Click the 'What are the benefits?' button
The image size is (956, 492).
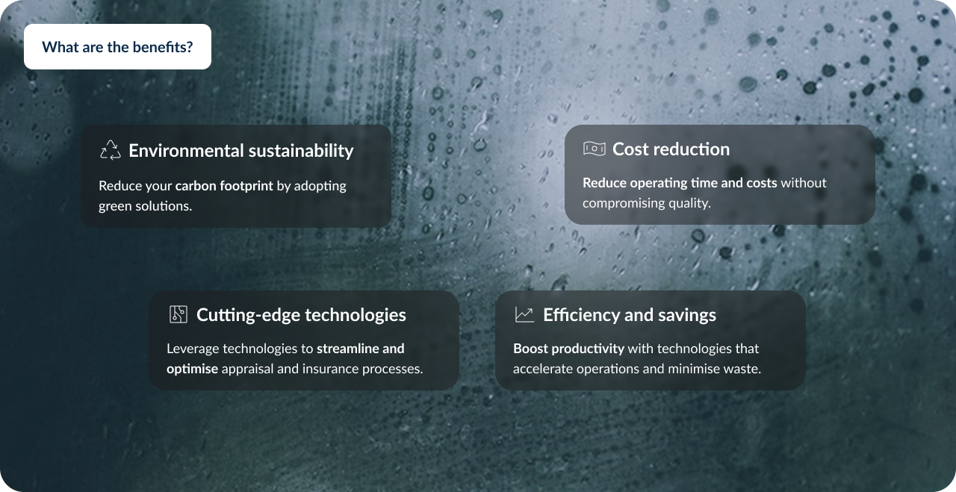[x=117, y=46]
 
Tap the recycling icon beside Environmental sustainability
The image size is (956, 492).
[x=110, y=150]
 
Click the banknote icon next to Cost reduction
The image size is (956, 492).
[x=594, y=149]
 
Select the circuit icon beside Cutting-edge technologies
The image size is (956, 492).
[x=179, y=314]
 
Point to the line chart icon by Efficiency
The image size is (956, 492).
[x=524, y=314]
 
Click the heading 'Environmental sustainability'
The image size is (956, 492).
[x=241, y=151]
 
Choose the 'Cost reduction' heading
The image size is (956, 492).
[x=671, y=149]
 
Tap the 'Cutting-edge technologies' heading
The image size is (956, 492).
[x=301, y=315]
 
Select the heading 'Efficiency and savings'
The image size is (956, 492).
[x=630, y=315]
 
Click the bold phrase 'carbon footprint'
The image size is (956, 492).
[x=224, y=186]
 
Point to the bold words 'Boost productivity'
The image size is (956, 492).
[x=568, y=349]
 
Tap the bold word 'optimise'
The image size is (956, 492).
[x=192, y=369]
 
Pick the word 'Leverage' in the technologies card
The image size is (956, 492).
[x=193, y=349]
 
